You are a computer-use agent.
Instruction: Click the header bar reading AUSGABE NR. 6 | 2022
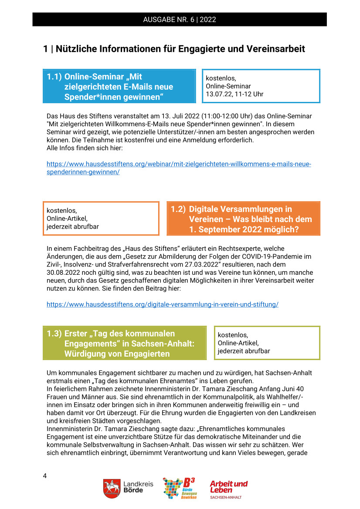180,20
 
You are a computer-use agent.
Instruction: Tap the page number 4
45,475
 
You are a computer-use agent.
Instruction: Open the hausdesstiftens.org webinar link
179,168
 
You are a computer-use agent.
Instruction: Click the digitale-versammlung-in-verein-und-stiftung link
162,304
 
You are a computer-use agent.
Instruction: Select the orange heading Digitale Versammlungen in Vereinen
243,219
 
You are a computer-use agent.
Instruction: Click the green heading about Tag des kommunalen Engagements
124,344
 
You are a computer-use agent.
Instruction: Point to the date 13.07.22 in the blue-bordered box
218,94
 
